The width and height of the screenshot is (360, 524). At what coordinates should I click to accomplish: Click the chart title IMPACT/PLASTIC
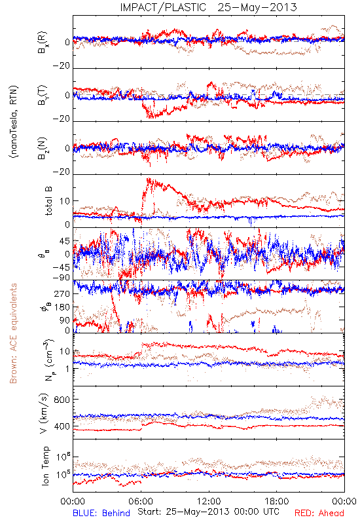pos(163,7)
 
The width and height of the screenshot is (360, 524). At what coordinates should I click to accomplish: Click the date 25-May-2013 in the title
pos(257,7)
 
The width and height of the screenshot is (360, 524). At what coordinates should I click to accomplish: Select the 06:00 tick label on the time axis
pos(141,501)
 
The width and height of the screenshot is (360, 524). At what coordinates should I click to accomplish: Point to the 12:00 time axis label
pos(209,501)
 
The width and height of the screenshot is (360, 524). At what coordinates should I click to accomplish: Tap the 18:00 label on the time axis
pos(277,501)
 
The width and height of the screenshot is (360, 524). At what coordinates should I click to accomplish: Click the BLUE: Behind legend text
pos(101,513)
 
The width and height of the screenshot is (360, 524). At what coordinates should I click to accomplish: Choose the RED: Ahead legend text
pos(319,513)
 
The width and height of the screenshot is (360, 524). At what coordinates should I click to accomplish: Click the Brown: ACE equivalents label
pos(13,333)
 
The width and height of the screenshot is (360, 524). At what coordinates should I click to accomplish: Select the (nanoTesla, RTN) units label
pos(14,122)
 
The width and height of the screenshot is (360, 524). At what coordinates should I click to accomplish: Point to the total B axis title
pos(48,201)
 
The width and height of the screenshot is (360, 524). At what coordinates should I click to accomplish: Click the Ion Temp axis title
pos(45,466)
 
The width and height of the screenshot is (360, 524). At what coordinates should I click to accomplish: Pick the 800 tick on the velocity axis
pos(62,400)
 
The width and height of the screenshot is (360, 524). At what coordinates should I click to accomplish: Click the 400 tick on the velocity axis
pos(62,426)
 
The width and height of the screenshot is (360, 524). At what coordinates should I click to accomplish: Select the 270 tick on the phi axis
pos(62,293)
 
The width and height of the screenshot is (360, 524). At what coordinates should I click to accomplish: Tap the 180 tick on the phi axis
pos(62,307)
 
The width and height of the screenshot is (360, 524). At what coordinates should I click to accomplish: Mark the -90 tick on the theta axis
pos(62,278)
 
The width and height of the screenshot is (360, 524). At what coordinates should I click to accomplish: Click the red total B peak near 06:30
pos(149,179)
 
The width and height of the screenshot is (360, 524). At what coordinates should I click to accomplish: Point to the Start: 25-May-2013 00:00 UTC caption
pos(208,512)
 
